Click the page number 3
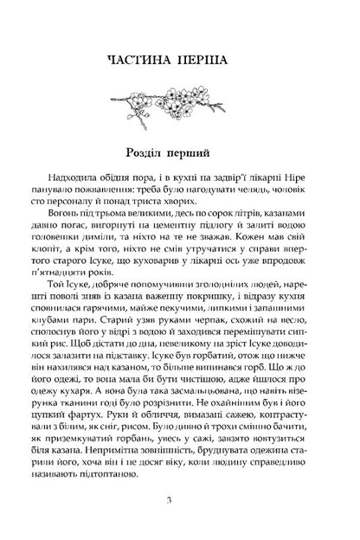point(179,502)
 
